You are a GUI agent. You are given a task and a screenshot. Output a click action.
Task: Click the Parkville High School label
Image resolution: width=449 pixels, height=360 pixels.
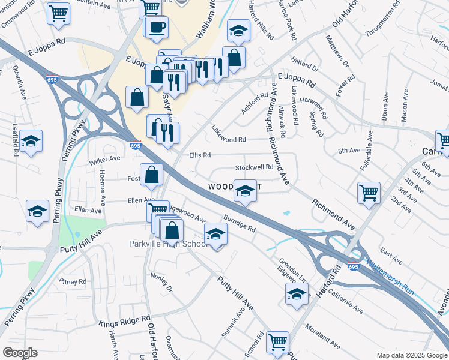169,244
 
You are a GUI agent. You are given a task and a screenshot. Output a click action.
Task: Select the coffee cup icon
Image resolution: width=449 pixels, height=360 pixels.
157,28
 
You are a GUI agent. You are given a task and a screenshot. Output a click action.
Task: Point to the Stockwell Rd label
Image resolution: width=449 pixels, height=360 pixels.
254,167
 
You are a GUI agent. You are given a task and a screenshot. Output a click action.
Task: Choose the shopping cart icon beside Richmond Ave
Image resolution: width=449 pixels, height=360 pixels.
369,193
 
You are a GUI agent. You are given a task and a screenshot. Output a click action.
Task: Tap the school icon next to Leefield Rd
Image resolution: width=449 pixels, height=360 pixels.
31,141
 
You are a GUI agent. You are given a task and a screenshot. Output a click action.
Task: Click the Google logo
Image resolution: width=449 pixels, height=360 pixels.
20,352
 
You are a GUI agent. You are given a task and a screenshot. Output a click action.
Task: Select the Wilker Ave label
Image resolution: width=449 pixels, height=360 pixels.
104,161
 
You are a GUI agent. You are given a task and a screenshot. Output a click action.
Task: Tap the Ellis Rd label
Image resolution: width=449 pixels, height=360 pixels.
200,155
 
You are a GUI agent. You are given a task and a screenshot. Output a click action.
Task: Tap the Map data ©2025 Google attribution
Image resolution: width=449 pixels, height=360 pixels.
411,355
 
